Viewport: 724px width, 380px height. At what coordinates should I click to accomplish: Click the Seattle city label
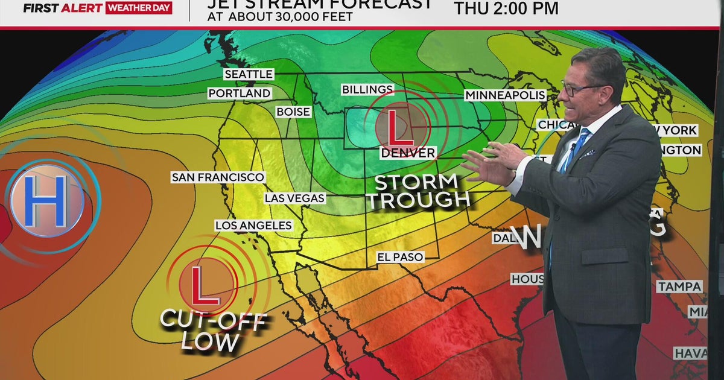click(249, 74)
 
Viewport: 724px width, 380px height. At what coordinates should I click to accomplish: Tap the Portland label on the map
click(240, 93)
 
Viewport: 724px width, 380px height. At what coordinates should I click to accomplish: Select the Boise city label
click(293, 112)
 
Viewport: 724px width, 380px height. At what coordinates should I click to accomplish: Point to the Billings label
click(367, 89)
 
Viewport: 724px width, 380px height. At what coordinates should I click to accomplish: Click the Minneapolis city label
click(505, 95)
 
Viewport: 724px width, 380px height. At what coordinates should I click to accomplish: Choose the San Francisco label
click(218, 177)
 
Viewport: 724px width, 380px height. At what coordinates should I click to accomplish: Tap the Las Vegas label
click(295, 198)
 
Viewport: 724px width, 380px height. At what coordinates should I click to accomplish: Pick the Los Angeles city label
click(253, 226)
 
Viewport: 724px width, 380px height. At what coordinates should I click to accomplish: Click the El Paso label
click(400, 257)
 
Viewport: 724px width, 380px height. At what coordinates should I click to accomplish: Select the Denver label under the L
click(408, 153)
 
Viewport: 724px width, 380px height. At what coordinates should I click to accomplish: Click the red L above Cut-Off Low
click(203, 284)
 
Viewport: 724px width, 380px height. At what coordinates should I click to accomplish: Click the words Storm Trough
click(420, 191)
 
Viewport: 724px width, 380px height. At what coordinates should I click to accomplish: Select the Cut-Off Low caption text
click(212, 331)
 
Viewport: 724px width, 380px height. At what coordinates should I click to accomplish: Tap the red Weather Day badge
click(139, 8)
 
